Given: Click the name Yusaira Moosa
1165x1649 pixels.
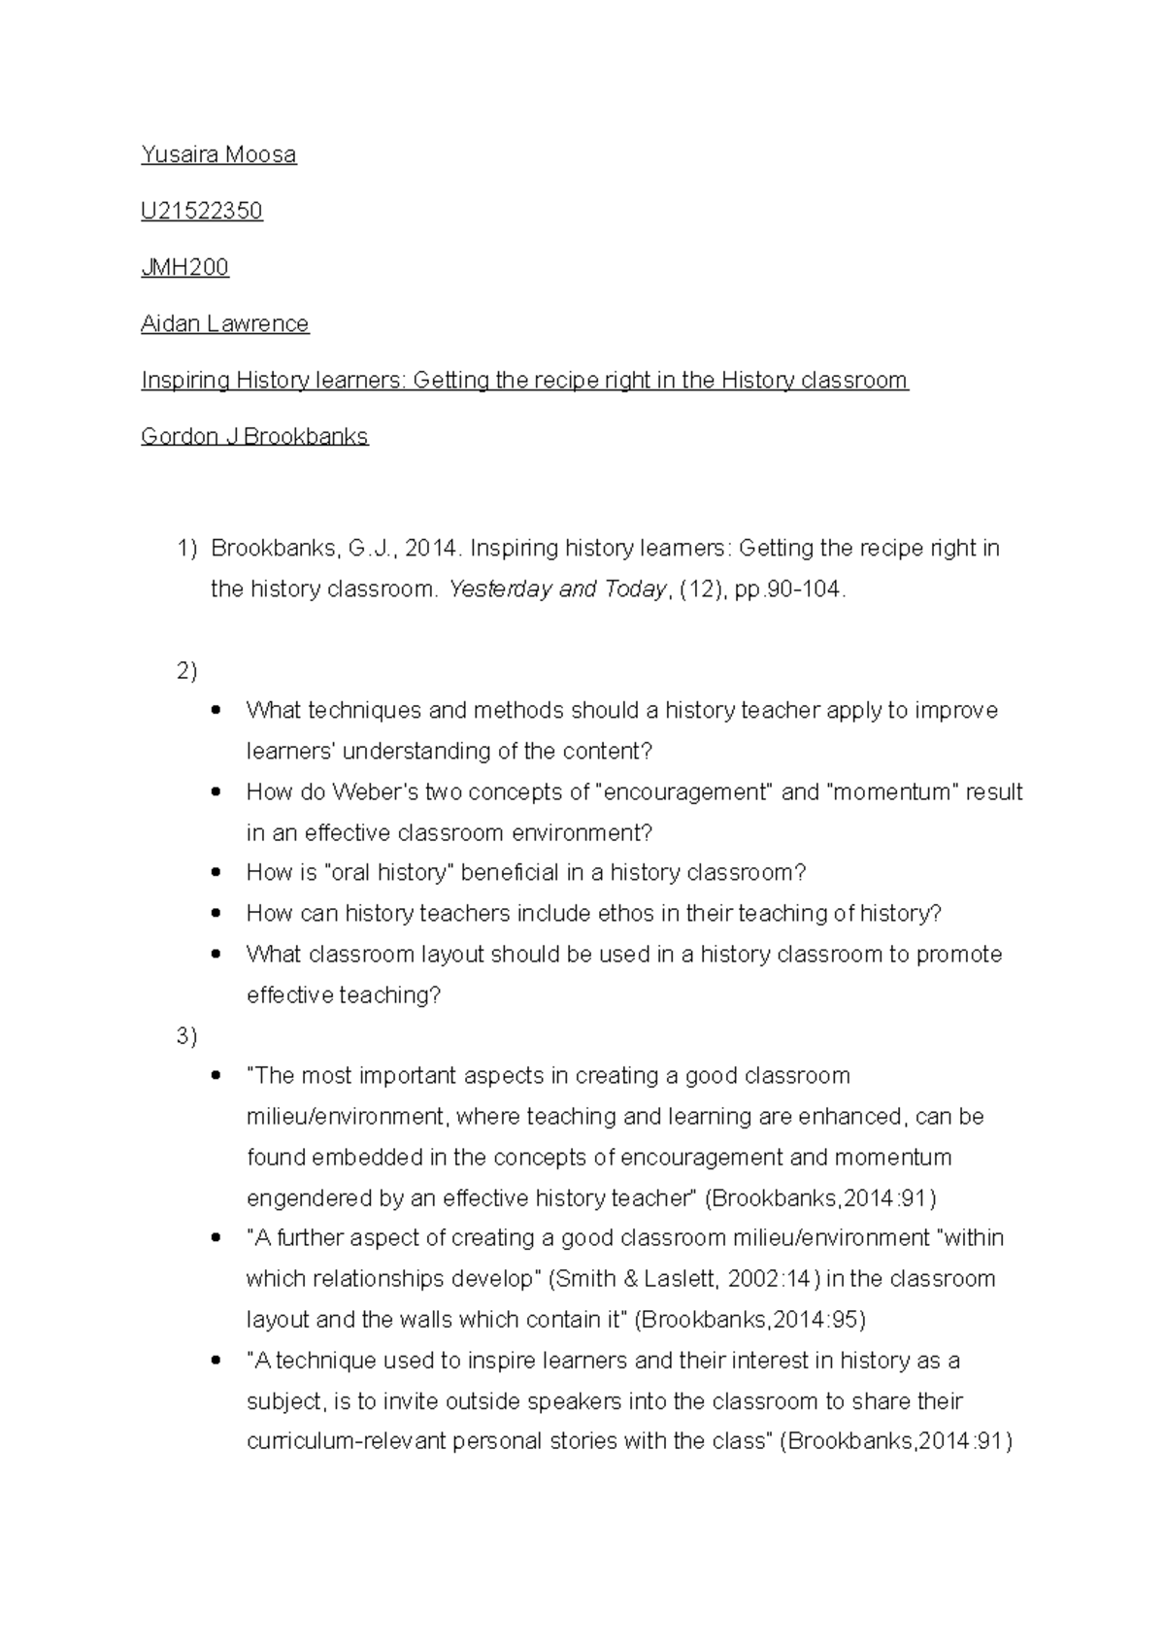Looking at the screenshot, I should click(x=218, y=154).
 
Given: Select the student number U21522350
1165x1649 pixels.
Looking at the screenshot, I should click(x=202, y=211).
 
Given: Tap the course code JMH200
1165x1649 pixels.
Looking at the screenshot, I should click(x=184, y=267).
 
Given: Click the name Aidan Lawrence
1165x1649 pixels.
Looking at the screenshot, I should click(x=224, y=323).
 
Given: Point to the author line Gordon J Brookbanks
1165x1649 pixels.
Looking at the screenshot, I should click(x=254, y=436).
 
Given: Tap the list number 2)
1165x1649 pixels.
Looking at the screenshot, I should click(x=186, y=670).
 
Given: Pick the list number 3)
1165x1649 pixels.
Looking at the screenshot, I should click(x=186, y=1036).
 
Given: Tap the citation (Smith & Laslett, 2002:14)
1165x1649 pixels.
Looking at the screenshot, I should click(x=683, y=1278).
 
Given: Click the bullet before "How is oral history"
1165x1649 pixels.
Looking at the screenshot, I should click(x=216, y=872).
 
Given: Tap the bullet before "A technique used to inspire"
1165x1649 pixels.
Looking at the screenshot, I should click(x=216, y=1361).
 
